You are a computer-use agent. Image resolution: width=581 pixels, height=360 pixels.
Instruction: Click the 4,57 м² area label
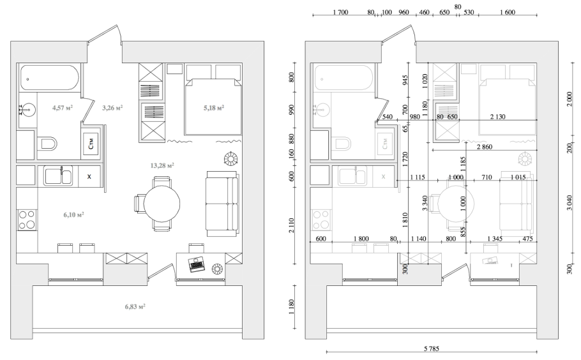tap(63, 108)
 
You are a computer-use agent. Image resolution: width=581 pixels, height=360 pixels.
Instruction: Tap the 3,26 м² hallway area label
tap(112, 108)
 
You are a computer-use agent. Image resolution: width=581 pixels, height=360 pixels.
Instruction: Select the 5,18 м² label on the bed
tap(213, 108)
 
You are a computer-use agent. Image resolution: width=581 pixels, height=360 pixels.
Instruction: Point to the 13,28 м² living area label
tap(162, 165)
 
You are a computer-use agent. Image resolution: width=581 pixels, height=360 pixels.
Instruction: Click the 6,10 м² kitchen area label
tap(73, 214)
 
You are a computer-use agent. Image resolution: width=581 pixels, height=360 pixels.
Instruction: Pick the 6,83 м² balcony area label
tap(135, 306)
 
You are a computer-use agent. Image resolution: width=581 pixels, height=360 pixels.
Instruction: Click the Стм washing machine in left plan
tap(91, 144)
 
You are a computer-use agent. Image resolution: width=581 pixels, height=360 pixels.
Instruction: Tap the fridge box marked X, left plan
tap(89, 176)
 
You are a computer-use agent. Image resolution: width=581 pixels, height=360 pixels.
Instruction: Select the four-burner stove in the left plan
tap(27, 220)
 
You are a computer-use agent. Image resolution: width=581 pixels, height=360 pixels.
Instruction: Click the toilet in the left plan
tap(47, 144)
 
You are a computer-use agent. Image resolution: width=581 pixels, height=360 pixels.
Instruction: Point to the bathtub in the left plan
tap(49, 78)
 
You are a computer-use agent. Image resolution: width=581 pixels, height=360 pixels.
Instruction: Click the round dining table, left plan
tap(162, 204)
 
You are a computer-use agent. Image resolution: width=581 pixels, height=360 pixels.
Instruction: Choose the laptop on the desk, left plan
tap(196, 264)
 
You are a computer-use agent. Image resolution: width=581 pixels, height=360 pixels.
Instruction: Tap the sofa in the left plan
tap(222, 204)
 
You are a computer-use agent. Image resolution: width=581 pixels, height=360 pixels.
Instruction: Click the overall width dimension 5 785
tap(432, 349)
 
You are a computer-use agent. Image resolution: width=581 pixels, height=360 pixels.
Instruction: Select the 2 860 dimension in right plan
tap(485, 147)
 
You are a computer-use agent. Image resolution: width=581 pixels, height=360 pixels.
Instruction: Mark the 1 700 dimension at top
tap(340, 12)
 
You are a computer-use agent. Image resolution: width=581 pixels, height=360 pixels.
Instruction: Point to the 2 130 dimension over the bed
tap(497, 117)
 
